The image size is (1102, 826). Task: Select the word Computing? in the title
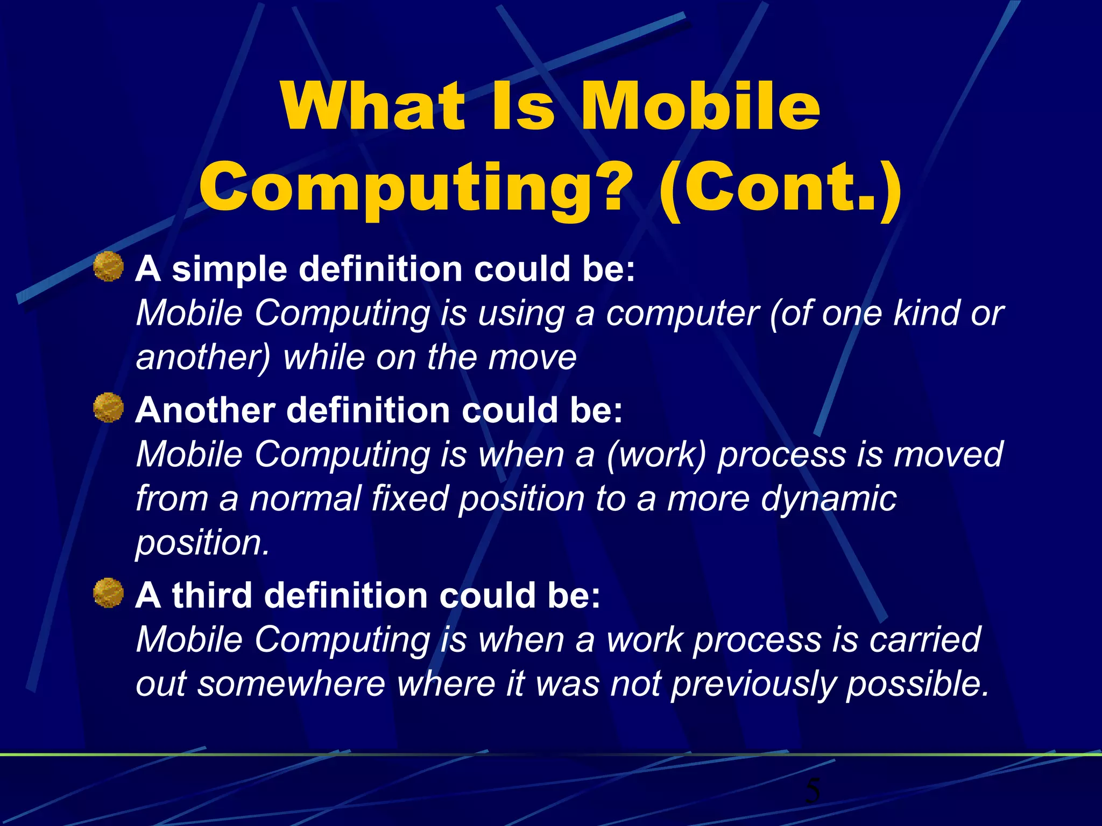pos(415,188)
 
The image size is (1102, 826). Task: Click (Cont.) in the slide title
pos(780,188)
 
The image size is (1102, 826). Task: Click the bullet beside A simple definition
pos(109,267)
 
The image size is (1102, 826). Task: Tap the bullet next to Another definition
pos(109,408)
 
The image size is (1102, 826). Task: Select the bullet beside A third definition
pos(109,593)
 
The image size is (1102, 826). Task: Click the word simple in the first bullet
pos(230,269)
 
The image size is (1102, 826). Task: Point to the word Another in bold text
pos(204,410)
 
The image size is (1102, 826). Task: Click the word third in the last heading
pos(212,595)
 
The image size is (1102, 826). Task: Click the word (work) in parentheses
pos(656,454)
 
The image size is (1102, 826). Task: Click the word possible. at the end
pos(918,684)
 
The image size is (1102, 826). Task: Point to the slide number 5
pos(813,791)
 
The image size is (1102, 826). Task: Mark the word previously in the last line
pos(753,684)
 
